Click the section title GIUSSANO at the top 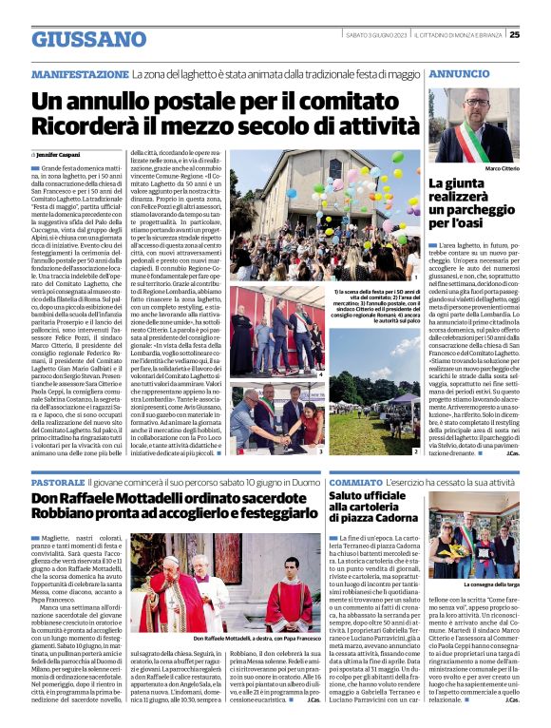click(76, 40)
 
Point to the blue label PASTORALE click(57, 484)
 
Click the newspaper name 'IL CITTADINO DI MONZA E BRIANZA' click(460, 35)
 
